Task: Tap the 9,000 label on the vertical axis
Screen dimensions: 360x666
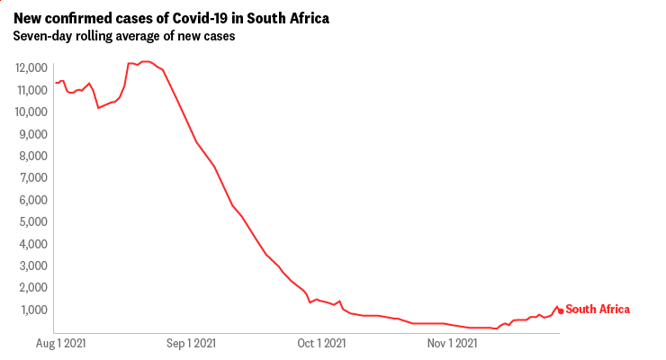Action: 32,134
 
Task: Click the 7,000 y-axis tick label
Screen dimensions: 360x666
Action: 32,178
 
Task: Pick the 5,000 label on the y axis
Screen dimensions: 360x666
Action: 32,221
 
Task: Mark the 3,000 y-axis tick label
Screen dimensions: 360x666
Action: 32,265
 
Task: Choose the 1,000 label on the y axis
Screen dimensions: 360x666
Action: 32,310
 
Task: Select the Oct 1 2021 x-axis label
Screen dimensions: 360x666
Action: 322,343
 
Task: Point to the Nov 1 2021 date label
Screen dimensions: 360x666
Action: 453,343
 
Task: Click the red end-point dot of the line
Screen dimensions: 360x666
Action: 561,311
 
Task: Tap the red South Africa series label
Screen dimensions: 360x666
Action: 598,310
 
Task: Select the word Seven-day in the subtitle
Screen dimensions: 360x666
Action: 42,37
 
